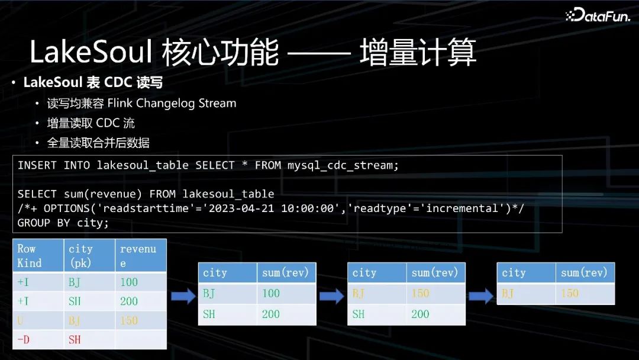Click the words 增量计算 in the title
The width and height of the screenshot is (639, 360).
click(x=418, y=53)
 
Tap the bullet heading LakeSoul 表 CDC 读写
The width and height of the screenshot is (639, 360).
click(x=93, y=82)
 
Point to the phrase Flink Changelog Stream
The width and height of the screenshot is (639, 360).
click(x=172, y=103)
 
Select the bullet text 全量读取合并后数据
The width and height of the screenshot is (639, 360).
click(x=98, y=143)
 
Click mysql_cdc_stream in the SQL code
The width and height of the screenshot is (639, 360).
click(x=343, y=165)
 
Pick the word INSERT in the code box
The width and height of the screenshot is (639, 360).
click(x=37, y=165)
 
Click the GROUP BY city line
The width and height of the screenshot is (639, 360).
click(x=63, y=223)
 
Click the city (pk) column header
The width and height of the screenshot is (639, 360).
click(x=80, y=255)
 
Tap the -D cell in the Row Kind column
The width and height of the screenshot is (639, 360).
click(x=24, y=339)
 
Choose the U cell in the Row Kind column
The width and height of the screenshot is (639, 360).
click(x=21, y=320)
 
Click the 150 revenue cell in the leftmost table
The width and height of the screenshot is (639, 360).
click(x=129, y=320)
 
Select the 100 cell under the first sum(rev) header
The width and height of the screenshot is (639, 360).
click(x=271, y=293)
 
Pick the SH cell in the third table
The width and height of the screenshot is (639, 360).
click(x=359, y=314)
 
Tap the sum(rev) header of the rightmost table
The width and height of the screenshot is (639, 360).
click(x=584, y=272)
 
